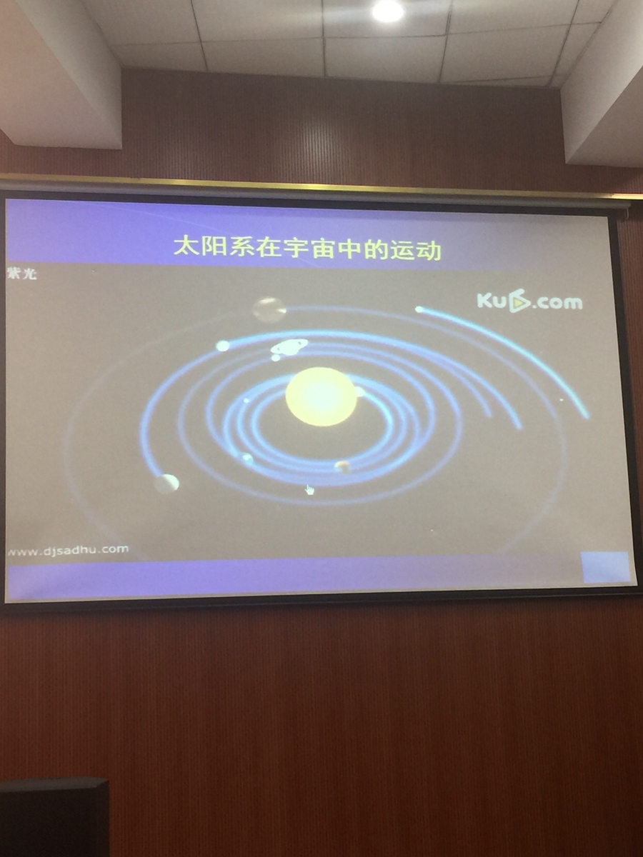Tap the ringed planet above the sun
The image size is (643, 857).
289,346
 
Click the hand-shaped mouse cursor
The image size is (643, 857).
309,490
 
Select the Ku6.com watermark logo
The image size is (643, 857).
529,303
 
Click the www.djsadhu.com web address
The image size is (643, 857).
68,550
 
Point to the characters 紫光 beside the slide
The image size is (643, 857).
22,274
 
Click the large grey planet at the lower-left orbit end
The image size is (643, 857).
166,483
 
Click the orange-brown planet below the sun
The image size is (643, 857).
343,466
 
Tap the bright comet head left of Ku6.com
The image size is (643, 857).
419,310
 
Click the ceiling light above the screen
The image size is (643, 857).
387,10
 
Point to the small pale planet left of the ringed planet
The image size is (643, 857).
222,346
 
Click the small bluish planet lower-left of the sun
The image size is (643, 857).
247,458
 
